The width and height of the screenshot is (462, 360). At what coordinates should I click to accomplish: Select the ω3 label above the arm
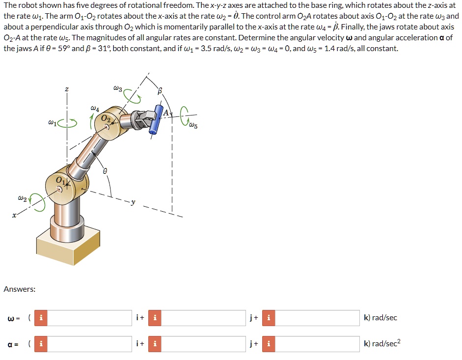117,88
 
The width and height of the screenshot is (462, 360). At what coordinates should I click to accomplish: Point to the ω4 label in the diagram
95,108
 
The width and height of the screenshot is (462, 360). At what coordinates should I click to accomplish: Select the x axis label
14,215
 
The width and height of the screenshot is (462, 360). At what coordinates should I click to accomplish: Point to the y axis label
132,201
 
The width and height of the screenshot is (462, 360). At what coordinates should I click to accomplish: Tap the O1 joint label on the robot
60,181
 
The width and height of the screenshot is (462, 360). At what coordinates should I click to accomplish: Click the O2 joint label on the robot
106,118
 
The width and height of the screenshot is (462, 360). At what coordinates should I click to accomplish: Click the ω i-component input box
90,318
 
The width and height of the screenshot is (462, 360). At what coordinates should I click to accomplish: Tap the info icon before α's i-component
41,344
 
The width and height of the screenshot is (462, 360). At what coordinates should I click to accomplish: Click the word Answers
20,289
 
